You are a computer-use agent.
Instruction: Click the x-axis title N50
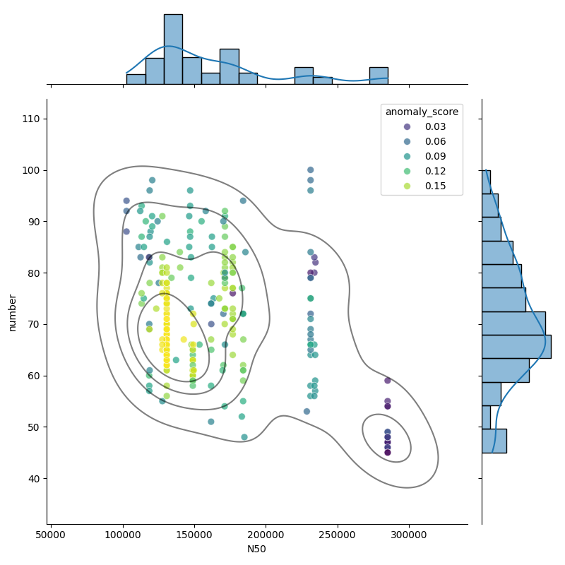[256, 549]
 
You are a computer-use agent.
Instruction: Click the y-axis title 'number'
[12, 312]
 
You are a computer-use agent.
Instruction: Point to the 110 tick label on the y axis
[31, 119]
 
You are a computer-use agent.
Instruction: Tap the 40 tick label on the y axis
[34, 479]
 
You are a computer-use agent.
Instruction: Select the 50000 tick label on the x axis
[50, 535]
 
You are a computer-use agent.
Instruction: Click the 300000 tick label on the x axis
[409, 535]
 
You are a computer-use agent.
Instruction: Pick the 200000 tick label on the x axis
[266, 535]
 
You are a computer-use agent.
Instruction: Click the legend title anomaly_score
[422, 112]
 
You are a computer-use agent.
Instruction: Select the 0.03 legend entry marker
[408, 126]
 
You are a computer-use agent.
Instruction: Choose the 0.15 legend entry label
[435, 186]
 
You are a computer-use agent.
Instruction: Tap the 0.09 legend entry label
[435, 156]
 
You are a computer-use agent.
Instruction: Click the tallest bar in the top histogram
[173, 49]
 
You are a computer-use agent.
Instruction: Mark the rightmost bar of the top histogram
[379, 76]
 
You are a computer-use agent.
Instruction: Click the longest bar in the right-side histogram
[517, 347]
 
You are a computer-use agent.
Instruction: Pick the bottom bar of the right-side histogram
[494, 441]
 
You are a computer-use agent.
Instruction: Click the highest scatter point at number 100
[310, 169]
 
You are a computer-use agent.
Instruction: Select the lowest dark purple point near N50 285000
[387, 453]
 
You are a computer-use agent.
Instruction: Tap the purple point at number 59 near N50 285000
[387, 381]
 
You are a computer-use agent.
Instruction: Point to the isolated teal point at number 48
[244, 437]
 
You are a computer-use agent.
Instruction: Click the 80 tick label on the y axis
[34, 273]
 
